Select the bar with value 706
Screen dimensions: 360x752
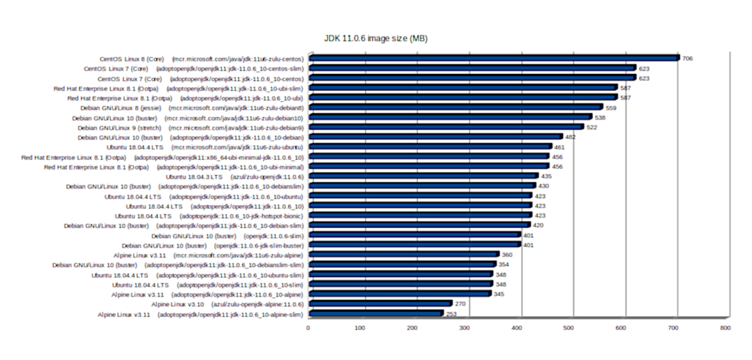(493, 58)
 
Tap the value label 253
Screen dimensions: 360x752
(451, 315)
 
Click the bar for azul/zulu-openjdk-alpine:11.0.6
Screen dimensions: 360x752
(380, 304)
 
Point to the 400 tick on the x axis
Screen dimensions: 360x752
(517, 327)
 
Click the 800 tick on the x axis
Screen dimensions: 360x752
(725, 327)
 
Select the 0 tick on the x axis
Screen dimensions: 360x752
(308, 327)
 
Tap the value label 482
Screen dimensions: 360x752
(569, 137)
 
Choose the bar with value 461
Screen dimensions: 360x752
(430, 147)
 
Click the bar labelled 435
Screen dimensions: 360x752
(423, 177)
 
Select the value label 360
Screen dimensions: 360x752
(507, 255)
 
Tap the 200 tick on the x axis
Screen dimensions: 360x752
(412, 327)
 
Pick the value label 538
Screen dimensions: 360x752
(600, 118)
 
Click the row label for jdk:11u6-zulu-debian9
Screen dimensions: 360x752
(191, 128)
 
